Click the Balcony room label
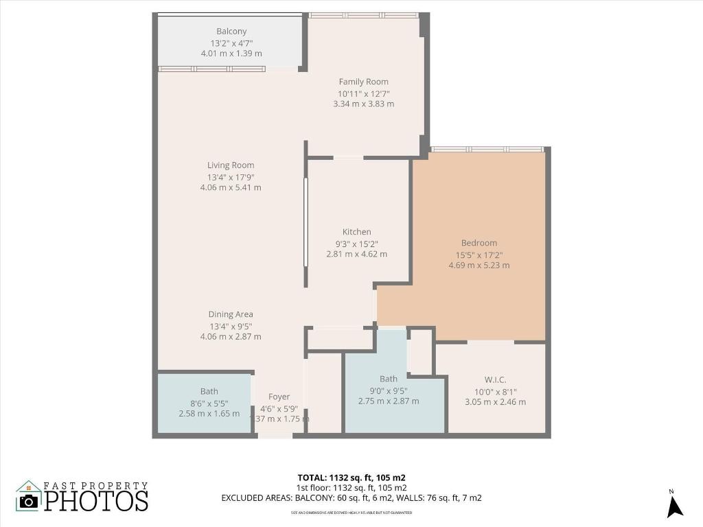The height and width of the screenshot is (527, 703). coord(231,32)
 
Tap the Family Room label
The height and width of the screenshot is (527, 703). coord(363,82)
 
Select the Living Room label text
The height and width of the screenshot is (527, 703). coord(231,165)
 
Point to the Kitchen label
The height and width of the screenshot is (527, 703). coord(356,232)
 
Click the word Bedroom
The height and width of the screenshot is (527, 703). coord(479,243)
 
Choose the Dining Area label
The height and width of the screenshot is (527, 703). coord(231,314)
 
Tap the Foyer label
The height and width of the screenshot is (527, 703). coord(279,397)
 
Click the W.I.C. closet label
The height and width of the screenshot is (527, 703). coord(495,379)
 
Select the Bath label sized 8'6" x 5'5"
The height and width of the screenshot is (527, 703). coord(209,391)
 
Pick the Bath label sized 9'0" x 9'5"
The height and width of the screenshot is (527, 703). coord(389,379)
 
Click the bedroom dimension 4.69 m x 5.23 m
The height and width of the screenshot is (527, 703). coord(479,266)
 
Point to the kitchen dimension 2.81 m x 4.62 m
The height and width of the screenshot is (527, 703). coord(356,254)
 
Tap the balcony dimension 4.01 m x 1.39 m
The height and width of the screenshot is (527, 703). coord(231,54)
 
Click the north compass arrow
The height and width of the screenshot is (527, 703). coord(675,506)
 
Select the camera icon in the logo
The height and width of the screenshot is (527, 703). coord(29,500)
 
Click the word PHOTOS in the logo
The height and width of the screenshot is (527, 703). coord(96,500)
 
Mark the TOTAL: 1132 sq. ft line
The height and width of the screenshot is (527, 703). coord(356,478)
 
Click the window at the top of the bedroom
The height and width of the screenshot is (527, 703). coord(487,149)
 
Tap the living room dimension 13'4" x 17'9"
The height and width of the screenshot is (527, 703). coord(231,176)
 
